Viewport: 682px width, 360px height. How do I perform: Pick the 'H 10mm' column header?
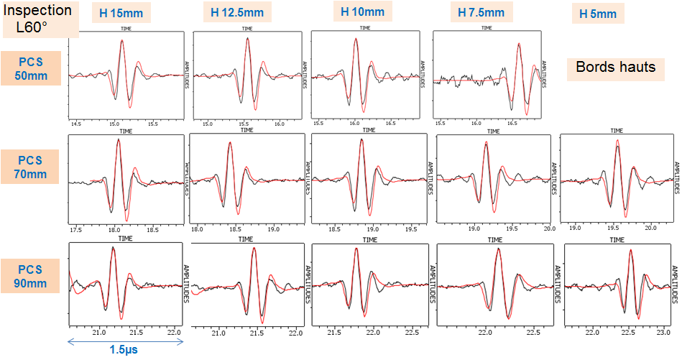362,11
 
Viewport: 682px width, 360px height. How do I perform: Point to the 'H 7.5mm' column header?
481,12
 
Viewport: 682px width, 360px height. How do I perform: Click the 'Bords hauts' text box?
616,68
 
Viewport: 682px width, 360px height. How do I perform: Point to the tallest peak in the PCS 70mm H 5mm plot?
617,139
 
